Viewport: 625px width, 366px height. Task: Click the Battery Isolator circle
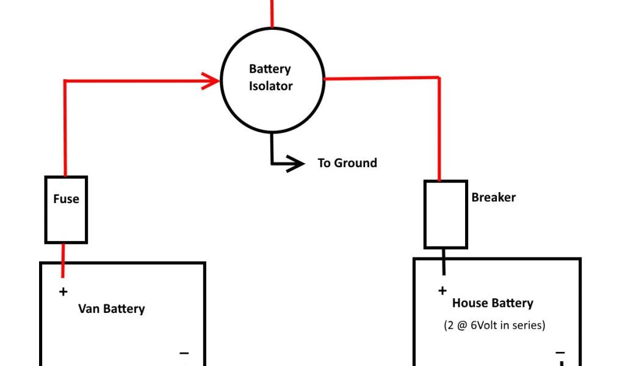272,79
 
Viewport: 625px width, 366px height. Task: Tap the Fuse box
66,209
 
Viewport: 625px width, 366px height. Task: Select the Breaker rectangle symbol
446,214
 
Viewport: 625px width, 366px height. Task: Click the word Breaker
493,198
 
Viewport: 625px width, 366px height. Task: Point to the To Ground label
347,163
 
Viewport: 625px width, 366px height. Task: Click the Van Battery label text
111,309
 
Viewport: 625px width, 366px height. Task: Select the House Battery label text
493,303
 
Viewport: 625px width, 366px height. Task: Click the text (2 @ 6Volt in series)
494,325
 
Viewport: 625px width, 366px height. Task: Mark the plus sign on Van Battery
63,292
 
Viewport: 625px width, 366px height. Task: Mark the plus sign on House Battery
442,291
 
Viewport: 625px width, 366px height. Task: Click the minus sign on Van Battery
184,353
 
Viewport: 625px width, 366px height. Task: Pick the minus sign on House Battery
560,353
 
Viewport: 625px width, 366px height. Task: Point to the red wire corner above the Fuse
65,81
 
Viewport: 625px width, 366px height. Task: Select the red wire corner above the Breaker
439,78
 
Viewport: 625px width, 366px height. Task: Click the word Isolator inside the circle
271,87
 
